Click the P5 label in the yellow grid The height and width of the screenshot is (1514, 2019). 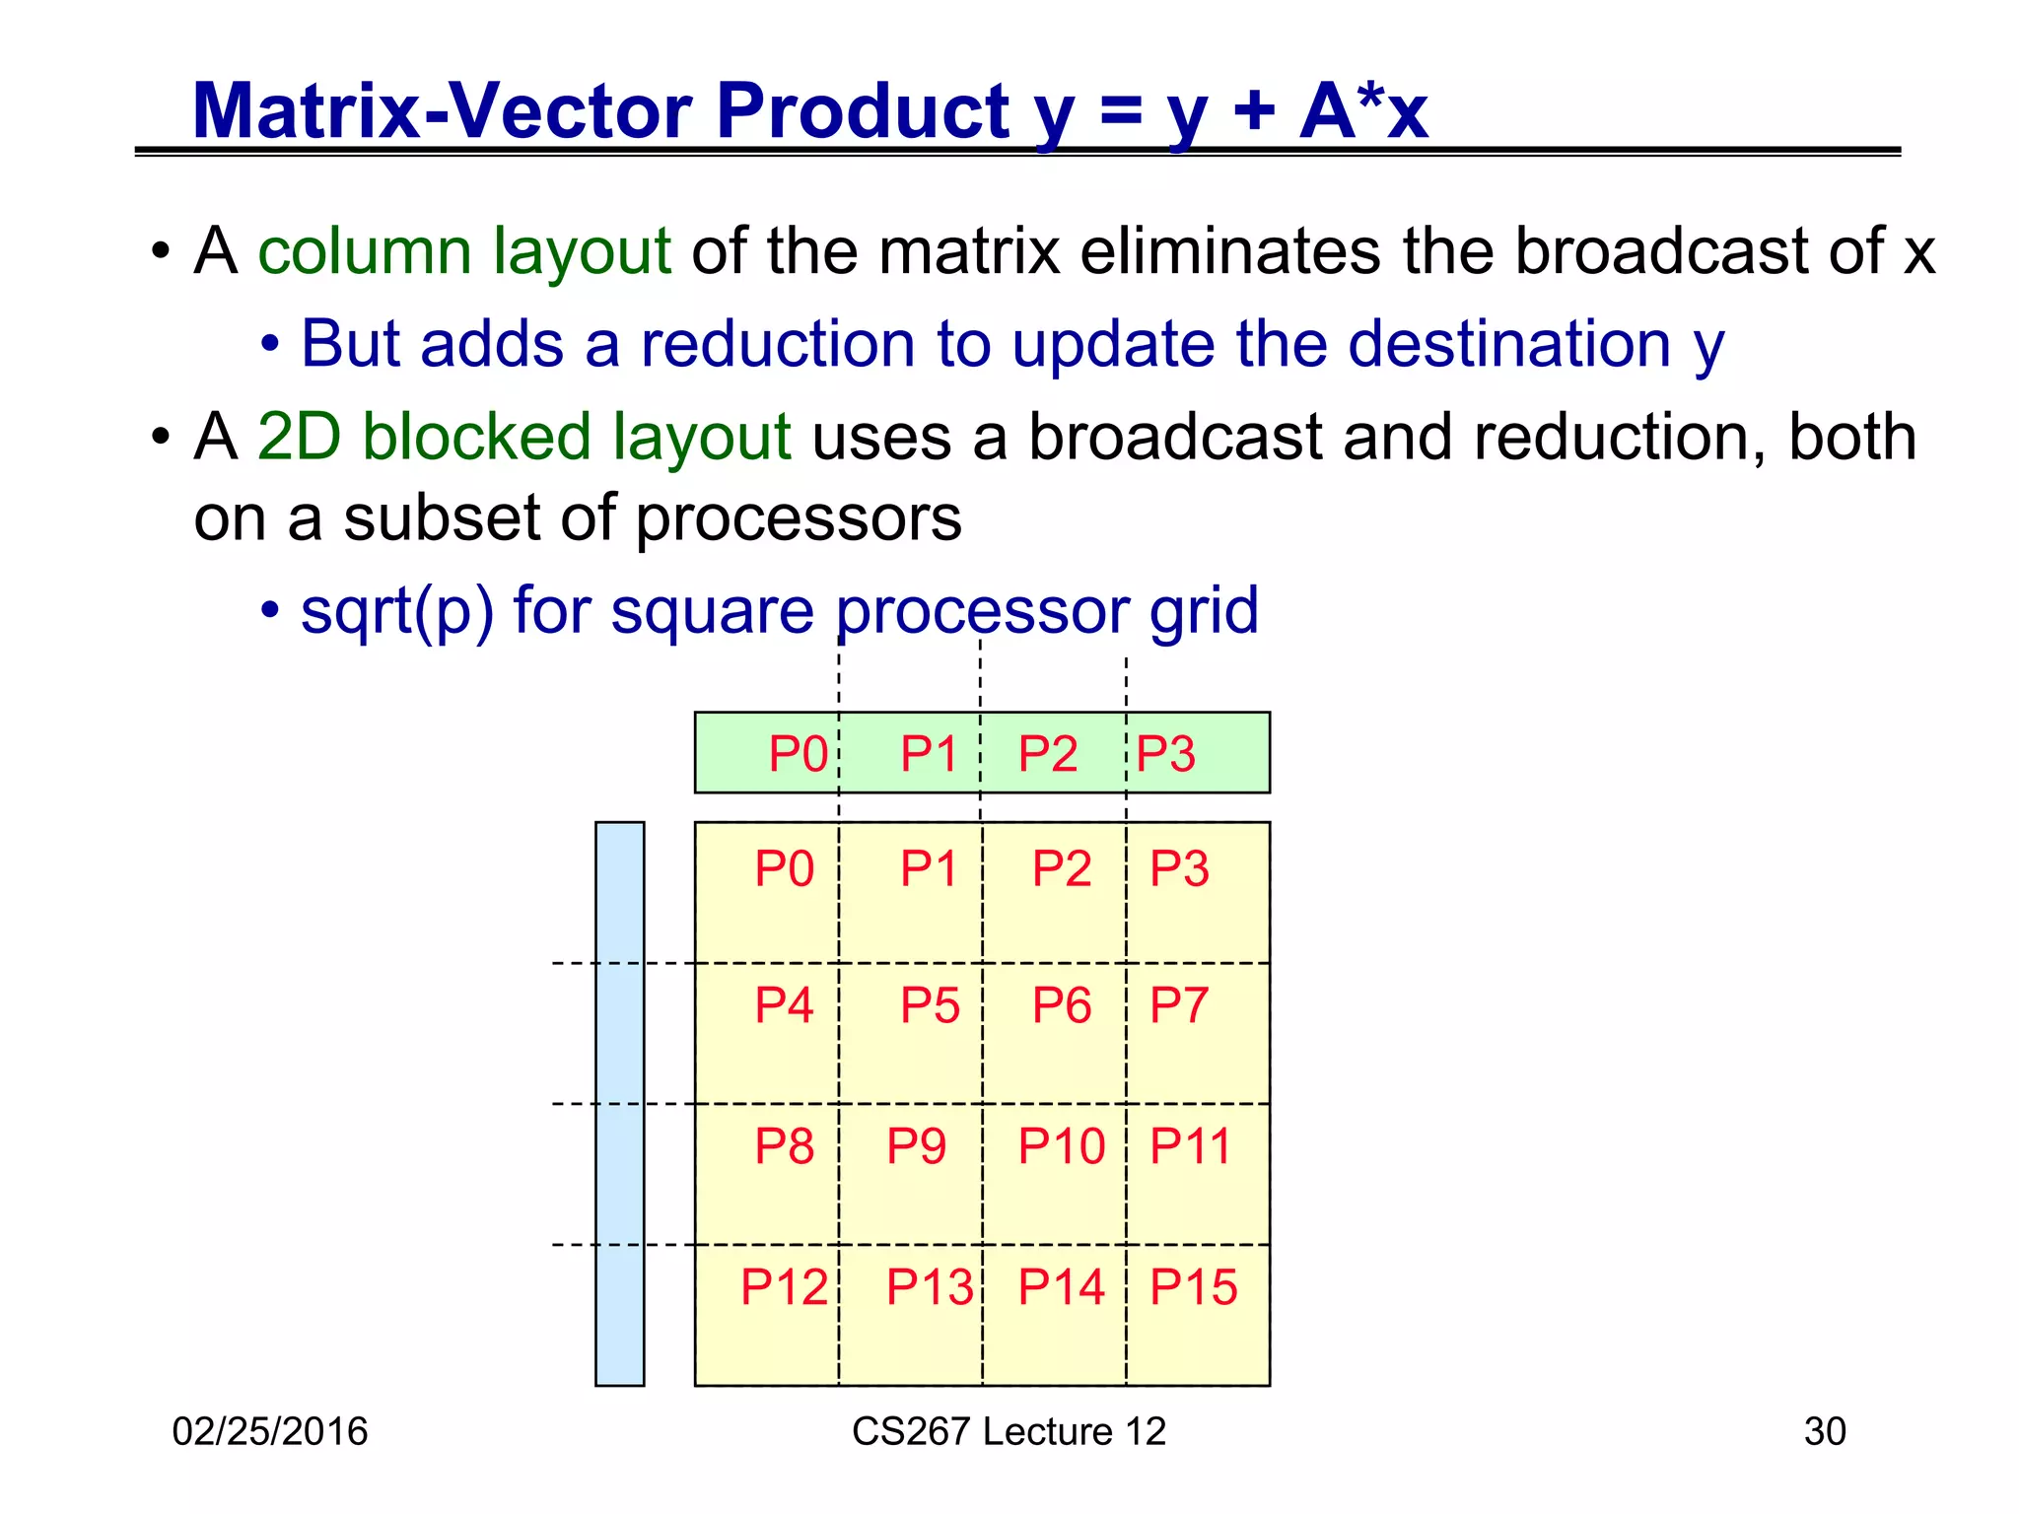point(929,1006)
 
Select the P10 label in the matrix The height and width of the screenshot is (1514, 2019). point(1061,1146)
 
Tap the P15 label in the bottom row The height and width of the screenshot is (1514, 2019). point(1193,1287)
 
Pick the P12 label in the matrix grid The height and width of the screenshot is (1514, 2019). point(784,1287)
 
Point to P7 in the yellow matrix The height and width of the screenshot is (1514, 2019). point(1178,1006)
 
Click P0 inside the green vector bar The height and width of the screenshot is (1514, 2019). point(798,755)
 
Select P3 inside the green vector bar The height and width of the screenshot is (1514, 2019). point(1165,755)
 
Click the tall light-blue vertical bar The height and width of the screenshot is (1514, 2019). point(619,1103)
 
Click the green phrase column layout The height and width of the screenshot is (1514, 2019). point(463,251)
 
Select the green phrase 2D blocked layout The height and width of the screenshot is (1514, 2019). point(523,437)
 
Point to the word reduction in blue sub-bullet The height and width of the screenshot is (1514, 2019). point(779,344)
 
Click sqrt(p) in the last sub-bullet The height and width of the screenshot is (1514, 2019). point(396,611)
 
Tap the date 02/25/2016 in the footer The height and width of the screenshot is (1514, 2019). point(269,1431)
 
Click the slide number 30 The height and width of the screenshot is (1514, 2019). point(1824,1431)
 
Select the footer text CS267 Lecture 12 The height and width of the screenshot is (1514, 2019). point(1009,1431)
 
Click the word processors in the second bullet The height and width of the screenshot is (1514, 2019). point(798,518)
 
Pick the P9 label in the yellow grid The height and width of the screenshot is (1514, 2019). point(916,1146)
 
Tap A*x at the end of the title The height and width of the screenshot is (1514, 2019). point(1363,110)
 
